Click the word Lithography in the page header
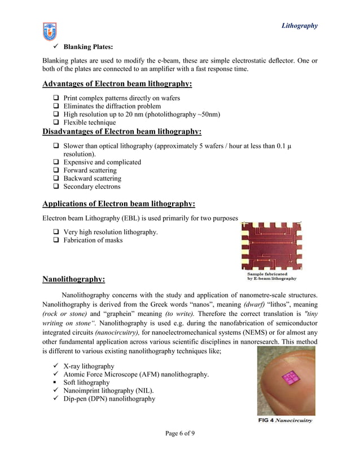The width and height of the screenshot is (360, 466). click(x=299, y=25)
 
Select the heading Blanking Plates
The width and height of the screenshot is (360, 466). click(x=88, y=47)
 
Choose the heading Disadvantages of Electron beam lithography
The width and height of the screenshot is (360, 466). click(x=122, y=131)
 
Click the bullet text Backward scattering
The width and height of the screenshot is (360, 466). click(x=92, y=179)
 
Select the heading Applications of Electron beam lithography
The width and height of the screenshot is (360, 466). click(x=119, y=204)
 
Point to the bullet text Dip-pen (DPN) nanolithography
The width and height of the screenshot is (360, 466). click(x=109, y=399)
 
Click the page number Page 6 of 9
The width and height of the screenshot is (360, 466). click(x=180, y=433)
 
